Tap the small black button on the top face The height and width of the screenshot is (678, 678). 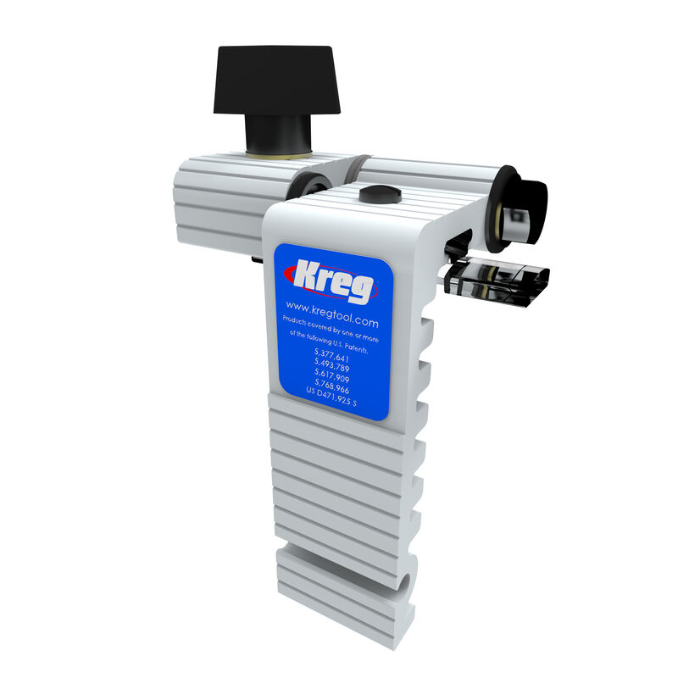[378, 195]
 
